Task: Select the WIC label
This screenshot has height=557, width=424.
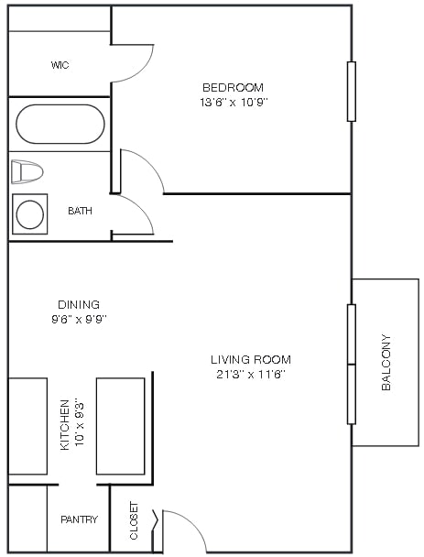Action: click(60, 65)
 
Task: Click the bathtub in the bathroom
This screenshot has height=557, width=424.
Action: click(60, 124)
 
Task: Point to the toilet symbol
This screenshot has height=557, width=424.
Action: click(27, 171)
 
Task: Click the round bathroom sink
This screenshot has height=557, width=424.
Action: click(30, 214)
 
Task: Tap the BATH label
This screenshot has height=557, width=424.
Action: click(80, 211)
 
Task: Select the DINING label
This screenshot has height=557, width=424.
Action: click(79, 304)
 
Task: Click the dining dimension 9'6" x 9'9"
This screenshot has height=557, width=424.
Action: click(79, 319)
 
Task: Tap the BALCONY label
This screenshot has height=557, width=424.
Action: click(386, 363)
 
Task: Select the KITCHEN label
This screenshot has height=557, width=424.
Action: click(65, 424)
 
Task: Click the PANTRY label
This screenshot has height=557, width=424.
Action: click(79, 519)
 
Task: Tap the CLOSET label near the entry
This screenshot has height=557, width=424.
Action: click(134, 519)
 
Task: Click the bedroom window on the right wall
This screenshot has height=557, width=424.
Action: click(351, 92)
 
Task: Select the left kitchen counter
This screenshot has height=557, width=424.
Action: click(27, 426)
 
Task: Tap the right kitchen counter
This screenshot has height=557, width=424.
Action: click(120, 426)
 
